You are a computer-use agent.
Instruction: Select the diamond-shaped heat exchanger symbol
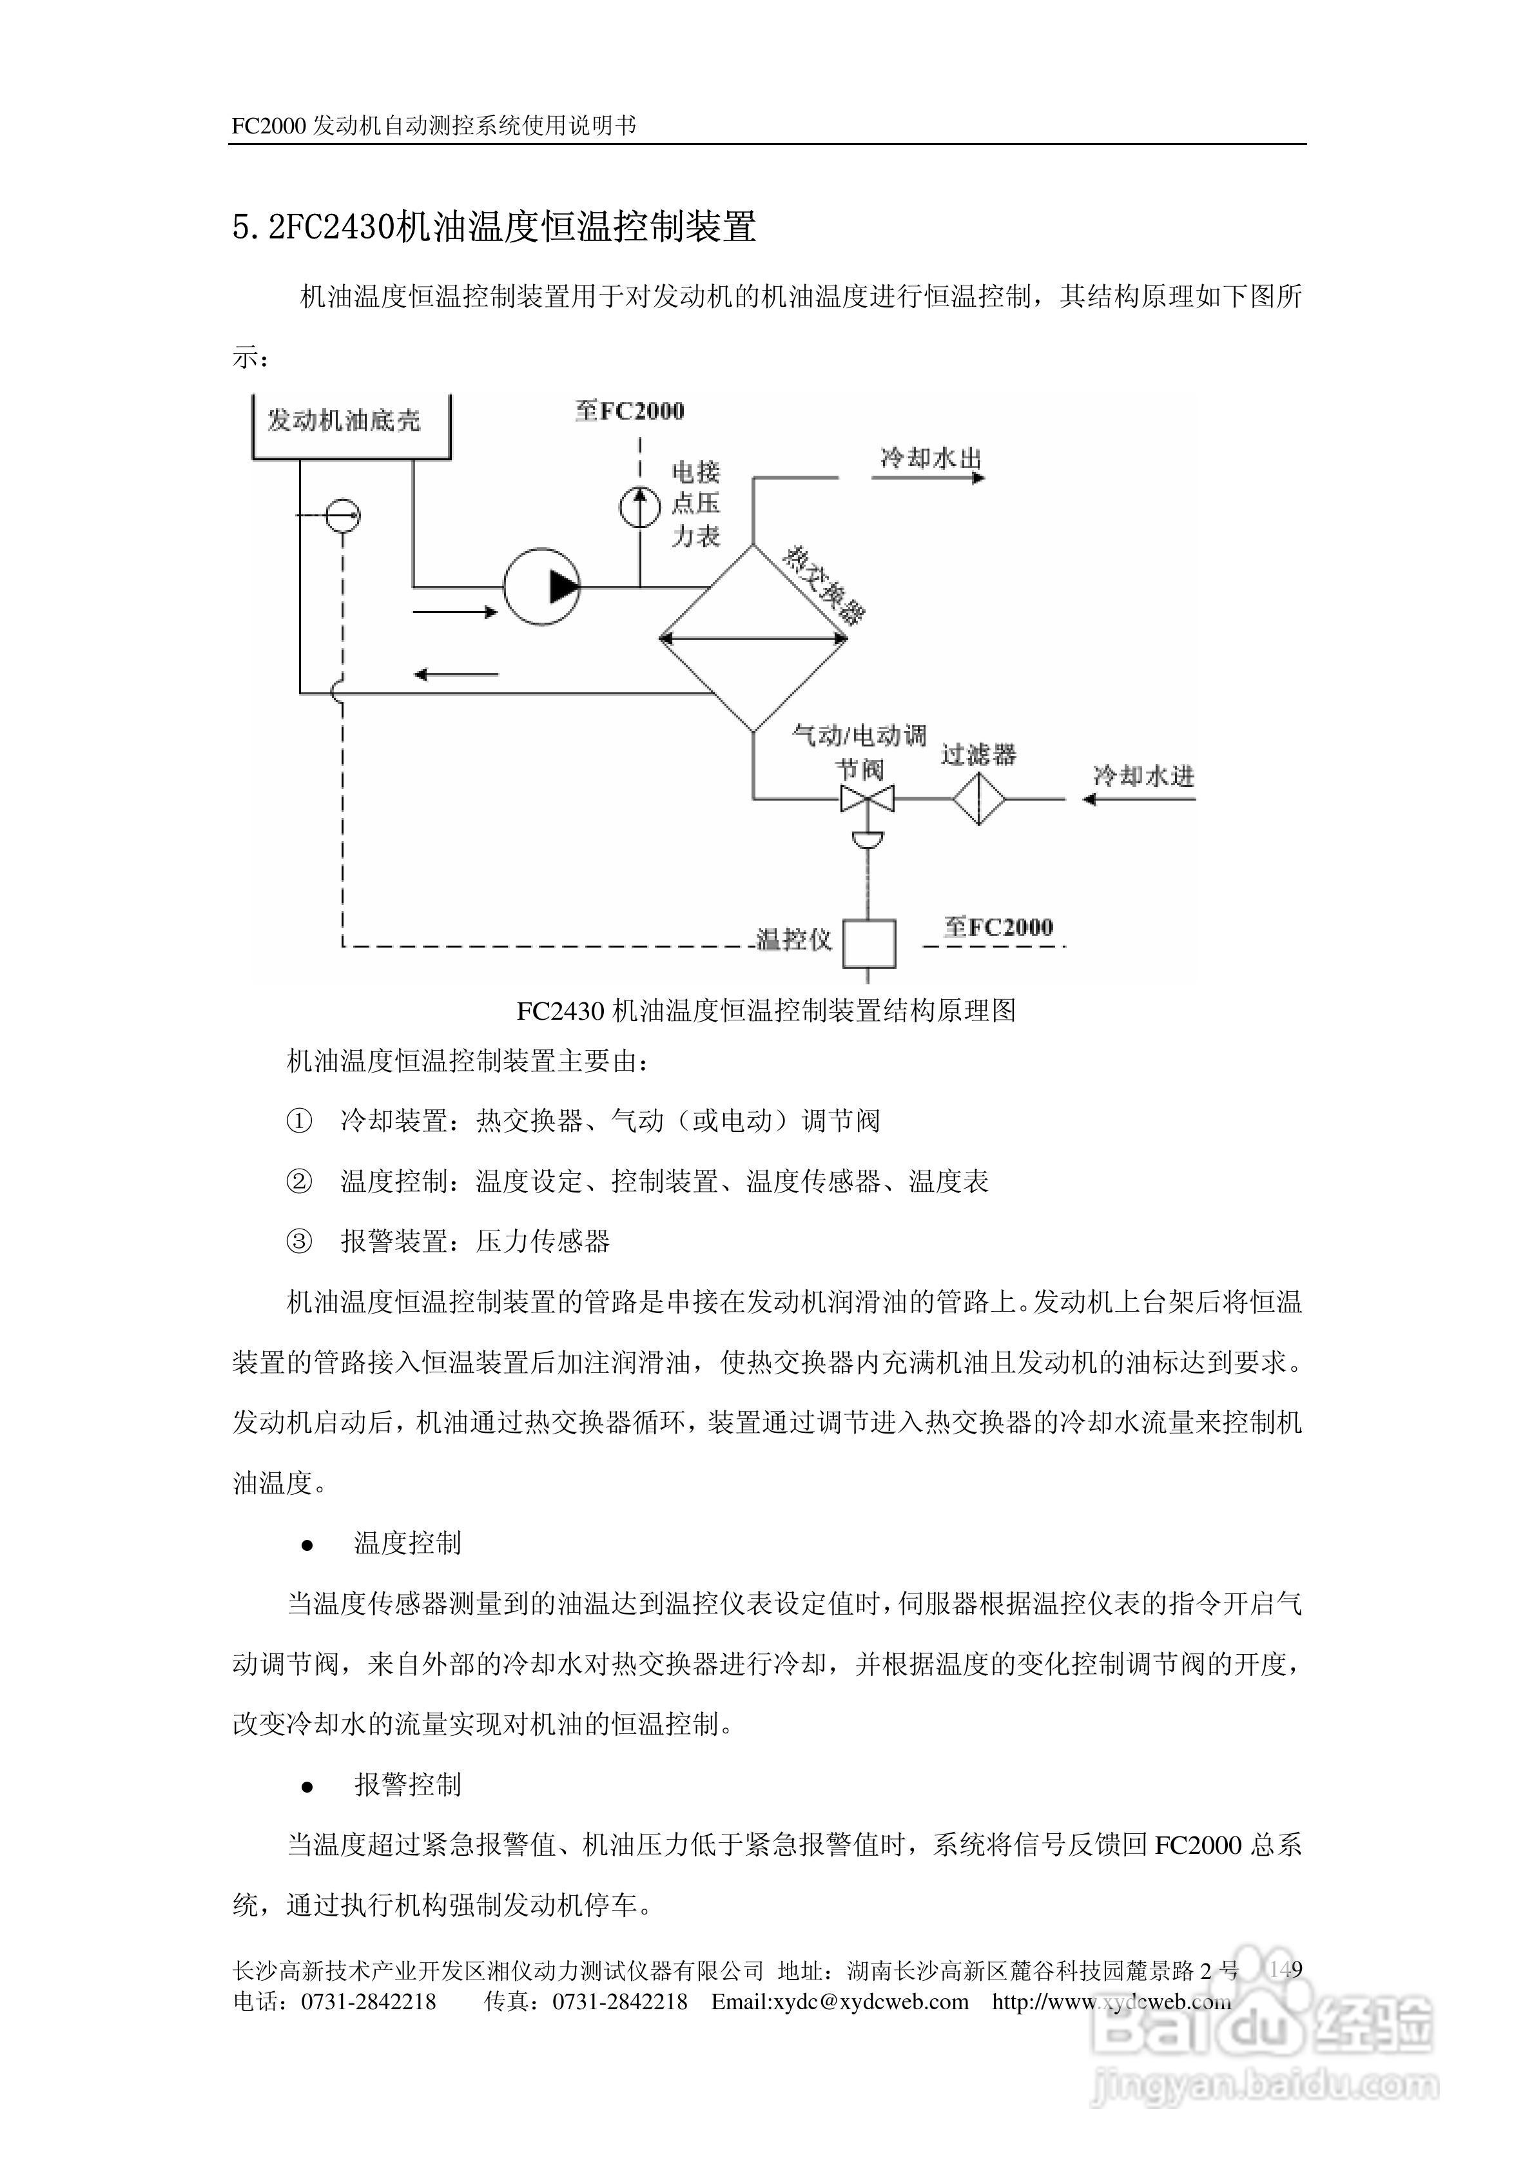point(753,639)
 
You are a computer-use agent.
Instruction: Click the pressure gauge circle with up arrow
point(639,508)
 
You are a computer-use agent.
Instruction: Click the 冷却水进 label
point(1143,776)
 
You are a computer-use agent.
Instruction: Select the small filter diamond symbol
point(978,799)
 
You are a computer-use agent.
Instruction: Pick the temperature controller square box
point(869,942)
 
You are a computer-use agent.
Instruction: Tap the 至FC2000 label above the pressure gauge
point(630,411)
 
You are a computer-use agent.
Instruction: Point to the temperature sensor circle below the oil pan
point(342,515)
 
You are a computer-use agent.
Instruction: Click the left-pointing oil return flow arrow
point(456,674)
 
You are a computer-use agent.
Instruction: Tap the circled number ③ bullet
point(299,1241)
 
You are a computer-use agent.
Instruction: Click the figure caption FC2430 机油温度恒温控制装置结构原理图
point(766,1011)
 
